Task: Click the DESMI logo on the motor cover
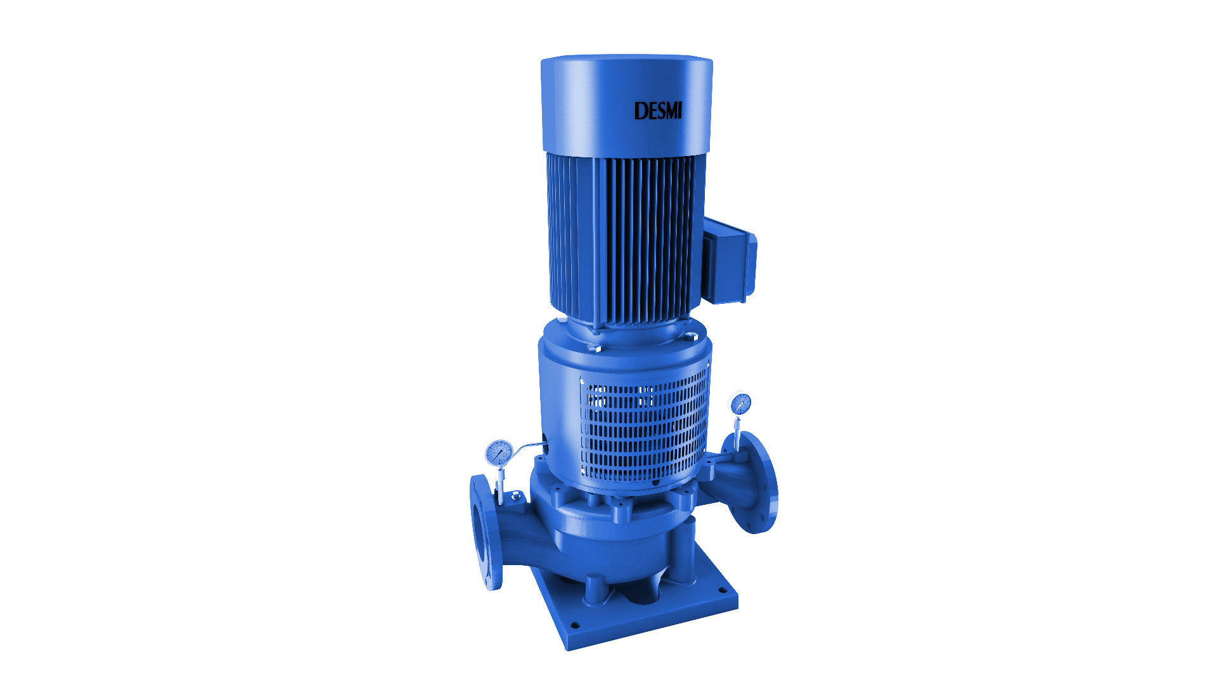pos(658,111)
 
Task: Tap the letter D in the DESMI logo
pos(640,112)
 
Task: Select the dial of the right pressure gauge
pos(740,403)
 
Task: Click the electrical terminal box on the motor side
pos(730,261)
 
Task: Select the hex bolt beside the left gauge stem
pos(514,495)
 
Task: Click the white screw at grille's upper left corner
pos(582,381)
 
